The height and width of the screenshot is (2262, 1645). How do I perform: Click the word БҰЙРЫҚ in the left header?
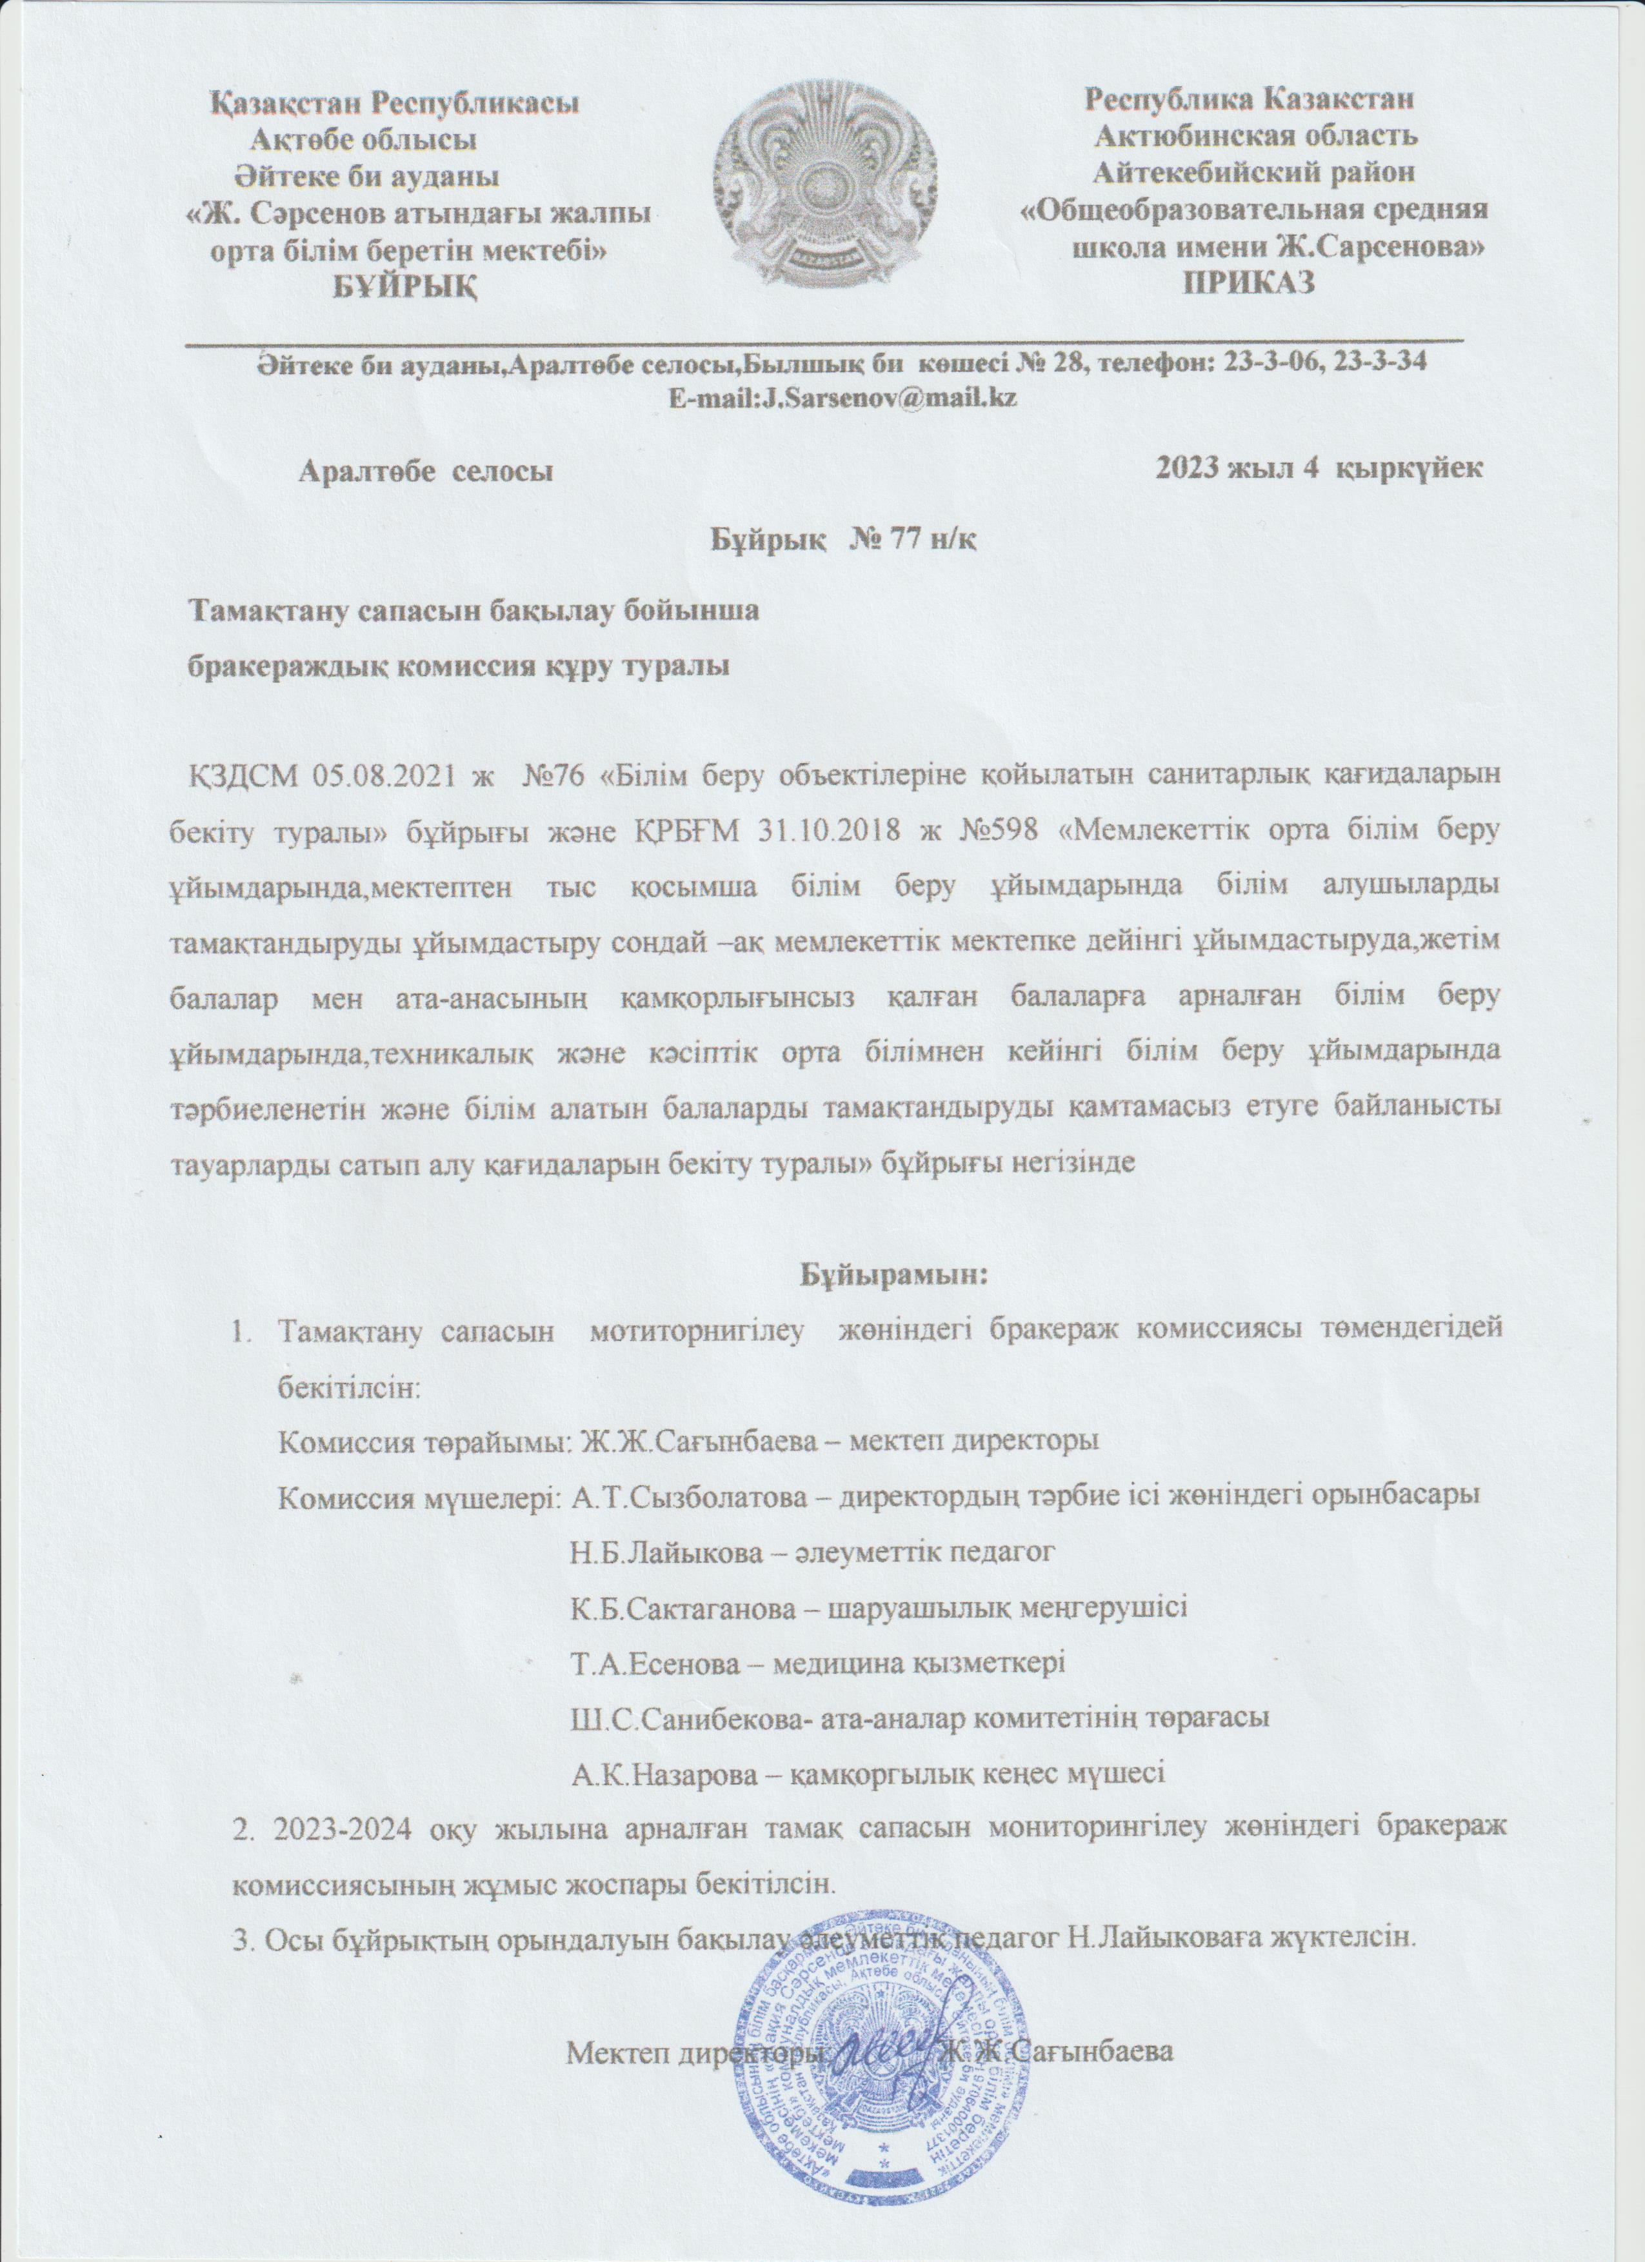pos(404,288)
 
